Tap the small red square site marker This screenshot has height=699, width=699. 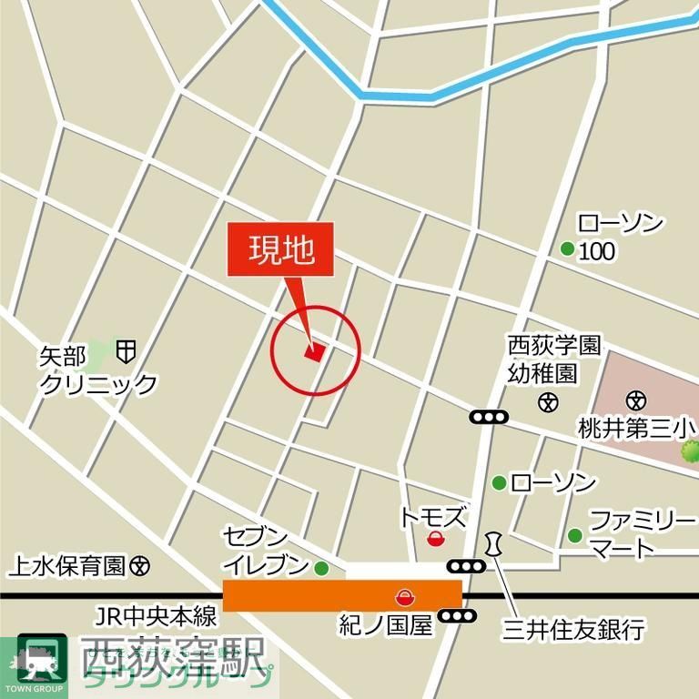[x=314, y=352]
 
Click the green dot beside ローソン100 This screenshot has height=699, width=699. [x=567, y=248]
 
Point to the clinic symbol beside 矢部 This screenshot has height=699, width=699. [x=127, y=349]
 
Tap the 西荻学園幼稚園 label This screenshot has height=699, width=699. [x=554, y=360]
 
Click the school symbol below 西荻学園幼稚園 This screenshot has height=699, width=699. [x=548, y=400]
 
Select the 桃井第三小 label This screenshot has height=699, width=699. [x=638, y=428]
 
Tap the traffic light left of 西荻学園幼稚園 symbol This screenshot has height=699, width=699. [x=489, y=417]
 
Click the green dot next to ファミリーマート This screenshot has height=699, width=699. [x=574, y=535]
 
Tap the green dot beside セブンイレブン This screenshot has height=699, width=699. [x=321, y=568]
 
